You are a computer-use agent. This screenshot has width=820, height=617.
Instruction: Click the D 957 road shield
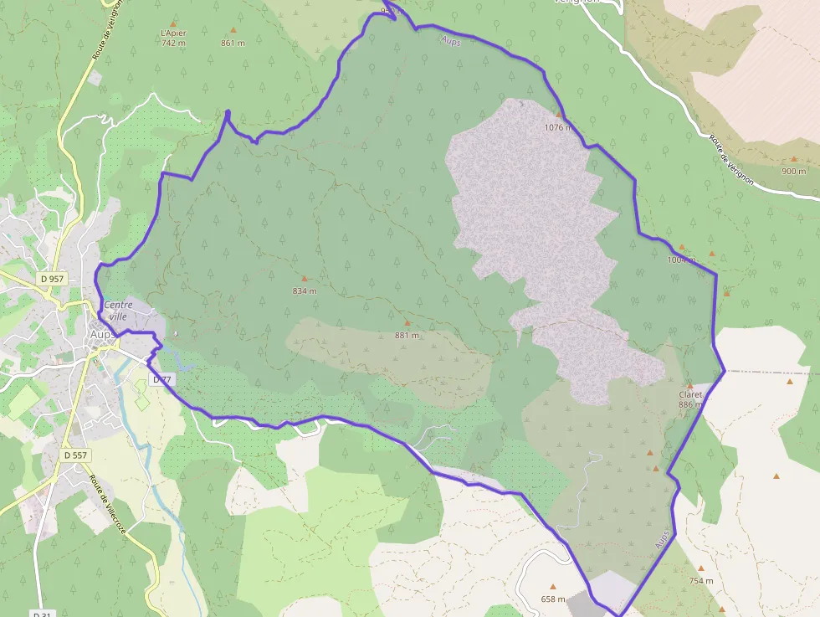pyautogui.click(x=52, y=278)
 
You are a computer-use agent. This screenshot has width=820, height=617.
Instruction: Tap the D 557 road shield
pyautogui.click(x=75, y=455)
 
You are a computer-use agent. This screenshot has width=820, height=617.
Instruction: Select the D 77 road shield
pyautogui.click(x=161, y=379)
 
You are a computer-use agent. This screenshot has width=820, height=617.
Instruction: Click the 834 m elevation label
pyautogui.click(x=305, y=291)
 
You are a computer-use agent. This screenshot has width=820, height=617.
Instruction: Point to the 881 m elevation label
pyautogui.click(x=407, y=335)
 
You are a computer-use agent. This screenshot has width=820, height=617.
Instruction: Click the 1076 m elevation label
pyautogui.click(x=557, y=127)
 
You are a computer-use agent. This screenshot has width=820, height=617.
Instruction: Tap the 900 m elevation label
pyautogui.click(x=793, y=171)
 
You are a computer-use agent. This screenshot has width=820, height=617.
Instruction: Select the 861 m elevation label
pyautogui.click(x=233, y=43)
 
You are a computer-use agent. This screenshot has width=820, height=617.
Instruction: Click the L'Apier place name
pyautogui.click(x=173, y=33)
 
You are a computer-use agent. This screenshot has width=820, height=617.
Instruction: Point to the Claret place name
pyautogui.click(x=690, y=394)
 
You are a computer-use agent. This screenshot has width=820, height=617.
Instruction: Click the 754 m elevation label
pyautogui.click(x=701, y=580)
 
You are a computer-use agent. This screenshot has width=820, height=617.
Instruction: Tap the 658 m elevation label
pyautogui.click(x=553, y=599)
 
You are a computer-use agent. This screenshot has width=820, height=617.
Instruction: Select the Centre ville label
pyautogui.click(x=118, y=311)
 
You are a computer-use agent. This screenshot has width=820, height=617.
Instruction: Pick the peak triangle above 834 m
pyautogui.click(x=305, y=279)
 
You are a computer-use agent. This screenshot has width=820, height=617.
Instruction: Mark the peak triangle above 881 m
pyautogui.click(x=407, y=323)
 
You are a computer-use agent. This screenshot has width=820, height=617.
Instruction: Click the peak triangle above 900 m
pyautogui.click(x=794, y=159)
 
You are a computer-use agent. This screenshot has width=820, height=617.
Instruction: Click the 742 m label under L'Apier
pyautogui.click(x=173, y=43)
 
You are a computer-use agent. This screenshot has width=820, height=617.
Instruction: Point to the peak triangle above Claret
pyautogui.click(x=690, y=384)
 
